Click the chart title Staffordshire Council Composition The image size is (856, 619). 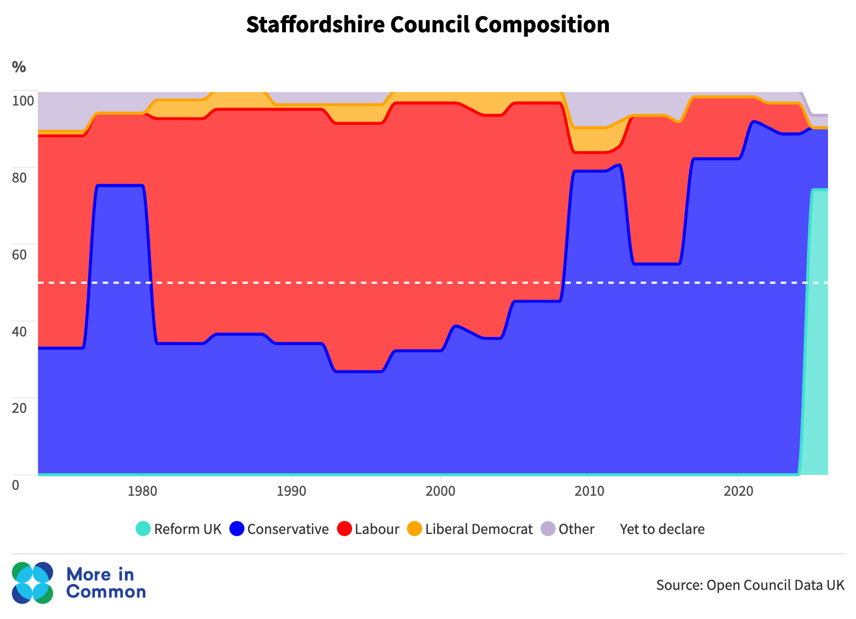pos(428,25)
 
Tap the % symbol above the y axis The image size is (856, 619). pos(19,67)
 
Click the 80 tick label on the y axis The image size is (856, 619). pos(19,177)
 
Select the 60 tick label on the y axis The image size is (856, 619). pos(19,254)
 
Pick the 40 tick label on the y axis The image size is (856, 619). pos(19,331)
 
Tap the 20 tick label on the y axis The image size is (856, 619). pos(19,407)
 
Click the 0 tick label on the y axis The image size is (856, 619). pos(16,484)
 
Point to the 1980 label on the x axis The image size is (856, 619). pos(142,491)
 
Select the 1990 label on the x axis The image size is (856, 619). pos(291,491)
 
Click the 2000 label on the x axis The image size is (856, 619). pos(440,491)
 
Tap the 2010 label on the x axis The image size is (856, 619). pos(590,491)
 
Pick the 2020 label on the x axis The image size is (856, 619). pos(738,491)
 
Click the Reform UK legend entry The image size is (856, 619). pos(179,529)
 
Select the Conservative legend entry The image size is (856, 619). pos(279,529)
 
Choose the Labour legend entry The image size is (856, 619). pos(369,529)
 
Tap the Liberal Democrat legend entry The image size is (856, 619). pos(470,529)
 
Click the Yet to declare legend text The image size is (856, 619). pos(662,529)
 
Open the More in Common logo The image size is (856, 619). pos(79,583)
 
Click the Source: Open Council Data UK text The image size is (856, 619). pos(750,585)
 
